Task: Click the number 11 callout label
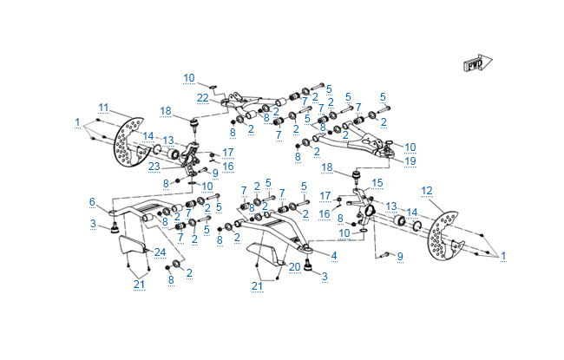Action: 103,108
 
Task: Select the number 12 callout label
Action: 426,190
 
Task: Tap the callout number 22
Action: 202,97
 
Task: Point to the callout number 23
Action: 154,167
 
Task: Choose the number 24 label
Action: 160,252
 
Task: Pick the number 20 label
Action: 294,266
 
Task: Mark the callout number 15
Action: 377,183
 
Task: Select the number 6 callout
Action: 91,201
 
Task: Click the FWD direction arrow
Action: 476,64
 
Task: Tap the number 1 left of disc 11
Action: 77,121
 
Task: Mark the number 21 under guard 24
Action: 139,284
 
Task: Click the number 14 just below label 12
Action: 412,212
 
